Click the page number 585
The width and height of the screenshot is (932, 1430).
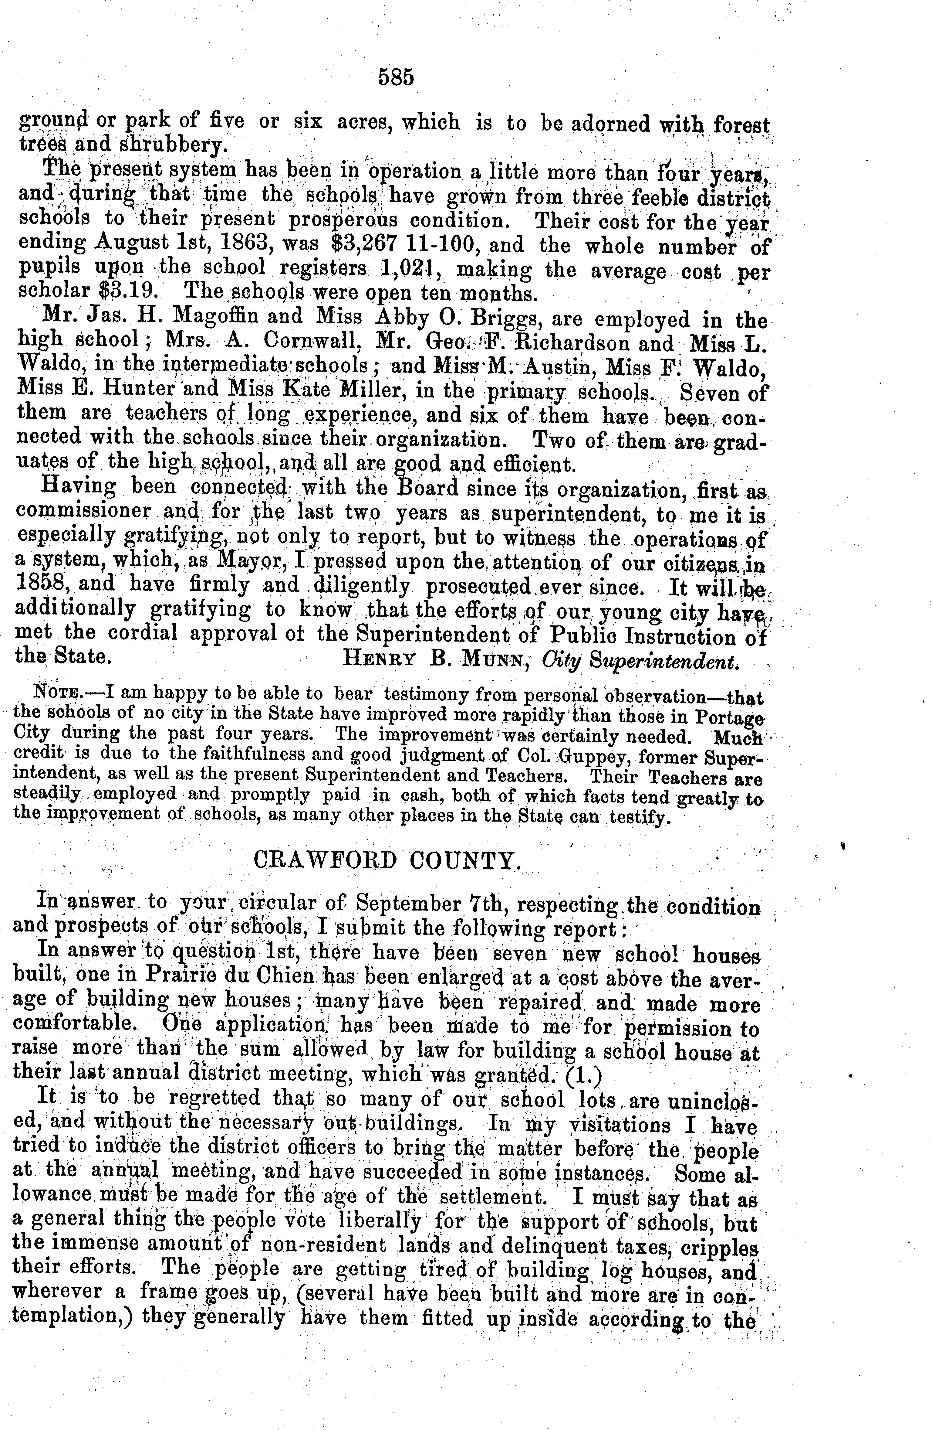click(396, 78)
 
